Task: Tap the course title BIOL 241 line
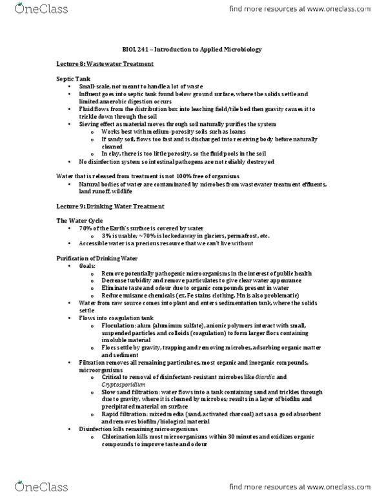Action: [192, 49]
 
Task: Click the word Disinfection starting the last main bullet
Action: [96, 429]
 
